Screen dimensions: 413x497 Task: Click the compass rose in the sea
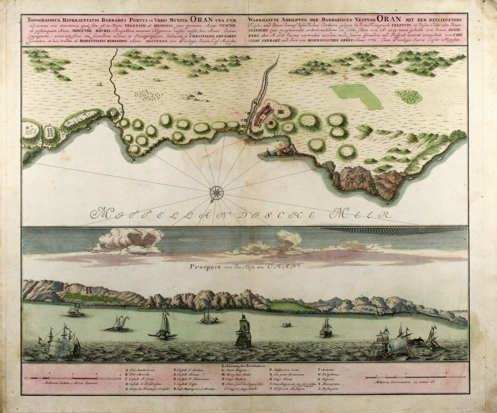[x=217, y=192]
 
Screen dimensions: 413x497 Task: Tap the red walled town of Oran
[x=264, y=115]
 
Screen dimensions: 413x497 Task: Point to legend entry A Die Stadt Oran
[x=142, y=370]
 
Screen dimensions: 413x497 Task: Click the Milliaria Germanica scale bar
[x=414, y=377]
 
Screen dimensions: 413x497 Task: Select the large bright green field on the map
[x=357, y=95]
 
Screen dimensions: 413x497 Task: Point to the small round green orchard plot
[x=408, y=96]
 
